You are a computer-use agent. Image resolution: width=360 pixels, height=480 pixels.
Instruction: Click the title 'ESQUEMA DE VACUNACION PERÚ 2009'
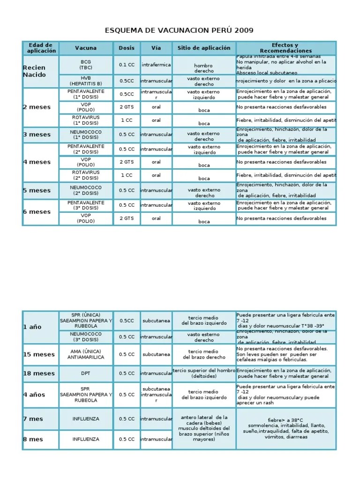point(180,30)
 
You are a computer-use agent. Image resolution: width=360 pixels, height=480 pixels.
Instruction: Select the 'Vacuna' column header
point(86,48)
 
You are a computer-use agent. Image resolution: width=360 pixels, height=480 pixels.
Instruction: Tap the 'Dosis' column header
point(126,48)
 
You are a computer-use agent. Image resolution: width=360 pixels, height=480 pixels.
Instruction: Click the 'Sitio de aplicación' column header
point(204,48)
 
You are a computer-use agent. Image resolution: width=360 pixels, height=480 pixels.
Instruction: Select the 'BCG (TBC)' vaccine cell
point(86,65)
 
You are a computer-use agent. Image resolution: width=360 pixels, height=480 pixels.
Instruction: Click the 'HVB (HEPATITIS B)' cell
point(86,81)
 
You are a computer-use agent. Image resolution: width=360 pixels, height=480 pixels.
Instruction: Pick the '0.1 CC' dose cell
point(127,65)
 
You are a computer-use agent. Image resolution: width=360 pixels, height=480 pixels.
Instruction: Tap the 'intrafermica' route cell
point(156,65)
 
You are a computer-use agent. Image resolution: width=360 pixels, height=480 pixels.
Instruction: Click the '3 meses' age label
point(37,135)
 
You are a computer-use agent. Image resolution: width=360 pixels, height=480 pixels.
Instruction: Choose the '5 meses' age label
point(37,190)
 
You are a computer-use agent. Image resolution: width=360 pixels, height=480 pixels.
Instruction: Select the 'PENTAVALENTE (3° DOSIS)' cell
point(86,205)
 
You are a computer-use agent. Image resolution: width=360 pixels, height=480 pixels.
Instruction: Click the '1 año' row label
point(32,327)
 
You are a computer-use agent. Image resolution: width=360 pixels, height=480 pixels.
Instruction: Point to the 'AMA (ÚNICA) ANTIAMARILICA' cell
point(86,354)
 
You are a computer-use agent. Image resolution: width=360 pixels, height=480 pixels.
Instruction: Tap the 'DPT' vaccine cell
point(86,374)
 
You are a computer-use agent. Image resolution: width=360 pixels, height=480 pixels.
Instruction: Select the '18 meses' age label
point(39,374)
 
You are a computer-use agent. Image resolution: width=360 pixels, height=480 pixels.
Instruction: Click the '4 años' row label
point(34,395)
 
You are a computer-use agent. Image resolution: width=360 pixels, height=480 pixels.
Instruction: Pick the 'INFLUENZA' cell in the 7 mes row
point(86,419)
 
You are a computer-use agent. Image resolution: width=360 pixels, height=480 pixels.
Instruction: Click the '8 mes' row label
point(33,439)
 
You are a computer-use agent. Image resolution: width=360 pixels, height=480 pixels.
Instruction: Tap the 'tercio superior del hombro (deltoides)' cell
point(204,374)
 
